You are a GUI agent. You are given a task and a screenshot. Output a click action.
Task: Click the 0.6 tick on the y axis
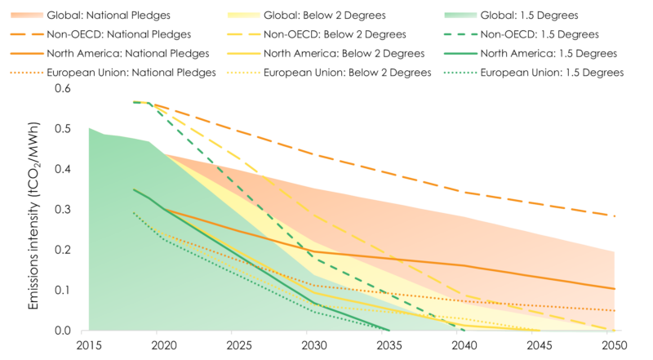pos(64,90)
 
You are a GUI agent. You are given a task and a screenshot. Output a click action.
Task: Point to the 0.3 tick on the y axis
pos(64,210)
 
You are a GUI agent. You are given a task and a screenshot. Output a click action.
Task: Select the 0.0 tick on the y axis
pos(64,331)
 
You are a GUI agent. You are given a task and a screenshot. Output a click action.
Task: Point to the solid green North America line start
pos(134,189)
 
